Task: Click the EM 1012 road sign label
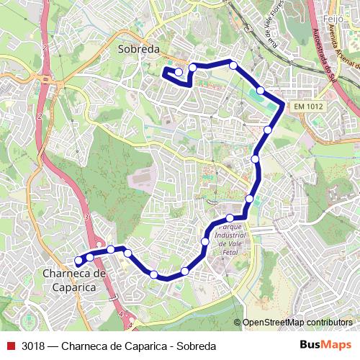point(309,107)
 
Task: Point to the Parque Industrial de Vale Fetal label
point(231,240)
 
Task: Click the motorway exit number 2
point(45,47)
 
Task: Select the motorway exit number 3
point(85,217)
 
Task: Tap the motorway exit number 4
point(118,315)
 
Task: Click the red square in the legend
point(11,345)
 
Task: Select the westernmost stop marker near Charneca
point(78,261)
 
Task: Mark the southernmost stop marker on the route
point(154,274)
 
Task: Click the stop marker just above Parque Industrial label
point(230,218)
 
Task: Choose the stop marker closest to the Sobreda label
point(179,72)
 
